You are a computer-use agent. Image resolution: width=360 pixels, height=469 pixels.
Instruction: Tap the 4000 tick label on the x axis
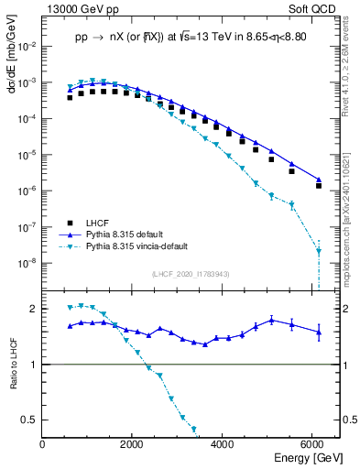[223, 443]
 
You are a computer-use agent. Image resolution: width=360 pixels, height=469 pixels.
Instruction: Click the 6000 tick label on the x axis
[312, 443]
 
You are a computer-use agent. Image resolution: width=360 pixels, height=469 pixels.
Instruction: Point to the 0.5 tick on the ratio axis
[31, 420]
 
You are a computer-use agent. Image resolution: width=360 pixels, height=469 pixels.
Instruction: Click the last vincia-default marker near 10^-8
[319, 251]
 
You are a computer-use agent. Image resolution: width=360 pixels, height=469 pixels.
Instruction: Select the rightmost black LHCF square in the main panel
[319, 185]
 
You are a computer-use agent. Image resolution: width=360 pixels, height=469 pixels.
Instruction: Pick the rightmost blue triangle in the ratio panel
[319, 333]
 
